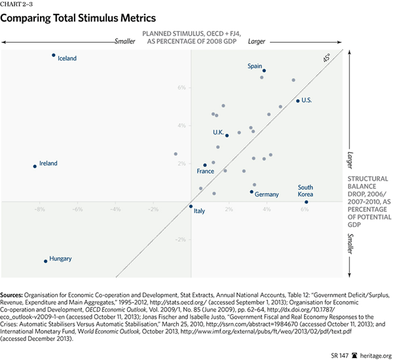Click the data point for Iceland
(54, 55)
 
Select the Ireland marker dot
(35, 166)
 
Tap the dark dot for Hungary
(46, 261)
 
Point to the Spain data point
(264, 71)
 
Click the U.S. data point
(297, 101)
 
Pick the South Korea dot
(306, 202)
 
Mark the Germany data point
(252, 192)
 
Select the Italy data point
(191, 207)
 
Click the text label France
(206, 171)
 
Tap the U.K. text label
(218, 132)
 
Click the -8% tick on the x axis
(39, 209)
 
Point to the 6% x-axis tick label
(305, 209)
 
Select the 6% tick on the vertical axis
(182, 87)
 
